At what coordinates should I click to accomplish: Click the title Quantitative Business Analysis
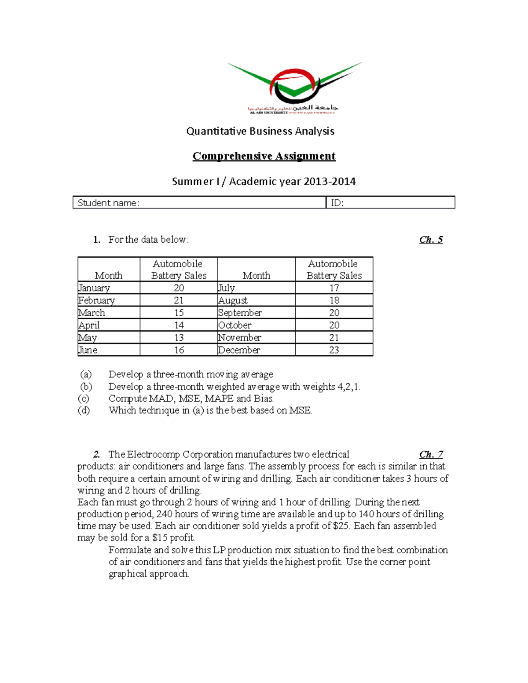click(260, 131)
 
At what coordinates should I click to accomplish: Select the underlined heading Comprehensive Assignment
click(264, 156)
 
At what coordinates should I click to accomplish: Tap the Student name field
click(199, 203)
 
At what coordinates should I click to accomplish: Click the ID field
click(390, 203)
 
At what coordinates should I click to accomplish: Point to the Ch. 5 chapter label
click(431, 240)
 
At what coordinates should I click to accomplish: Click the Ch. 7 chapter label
click(431, 454)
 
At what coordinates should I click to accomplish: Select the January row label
click(94, 288)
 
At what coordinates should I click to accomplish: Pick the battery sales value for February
click(179, 300)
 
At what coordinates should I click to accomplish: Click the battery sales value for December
click(334, 350)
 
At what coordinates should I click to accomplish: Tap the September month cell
click(240, 313)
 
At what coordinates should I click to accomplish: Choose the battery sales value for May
click(179, 338)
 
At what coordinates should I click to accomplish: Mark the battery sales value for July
click(334, 288)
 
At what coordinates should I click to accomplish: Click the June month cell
click(88, 350)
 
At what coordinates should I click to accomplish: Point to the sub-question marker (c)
click(84, 398)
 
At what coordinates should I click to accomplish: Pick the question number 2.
click(97, 454)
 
